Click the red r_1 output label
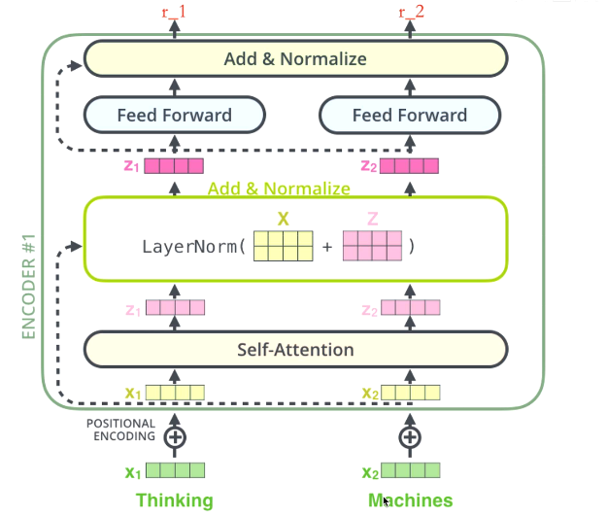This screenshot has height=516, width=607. tap(176, 12)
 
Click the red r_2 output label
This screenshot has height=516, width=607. tap(411, 12)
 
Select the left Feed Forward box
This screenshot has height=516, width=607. tap(175, 116)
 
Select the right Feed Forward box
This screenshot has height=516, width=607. tap(410, 116)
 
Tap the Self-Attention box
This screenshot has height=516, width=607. tap(296, 350)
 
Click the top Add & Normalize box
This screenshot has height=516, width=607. tap(295, 59)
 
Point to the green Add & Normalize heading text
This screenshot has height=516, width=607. tap(279, 189)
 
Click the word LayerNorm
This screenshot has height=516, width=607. tap(191, 247)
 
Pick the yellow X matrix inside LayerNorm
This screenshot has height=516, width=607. tap(283, 247)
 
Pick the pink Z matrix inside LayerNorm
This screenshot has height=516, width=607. tap(372, 247)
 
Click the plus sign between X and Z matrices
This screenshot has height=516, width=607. tap(327, 247)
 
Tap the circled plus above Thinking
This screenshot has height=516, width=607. tap(176, 437)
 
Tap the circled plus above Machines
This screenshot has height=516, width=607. tap(411, 437)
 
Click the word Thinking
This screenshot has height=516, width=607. tap(175, 500)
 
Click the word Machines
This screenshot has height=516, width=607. tap(410, 500)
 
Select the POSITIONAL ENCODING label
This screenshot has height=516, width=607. tap(120, 430)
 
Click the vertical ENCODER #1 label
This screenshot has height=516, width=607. tap(28, 287)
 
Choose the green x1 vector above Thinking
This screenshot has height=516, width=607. tap(175, 472)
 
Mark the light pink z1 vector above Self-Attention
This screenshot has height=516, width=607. tap(175, 309)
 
